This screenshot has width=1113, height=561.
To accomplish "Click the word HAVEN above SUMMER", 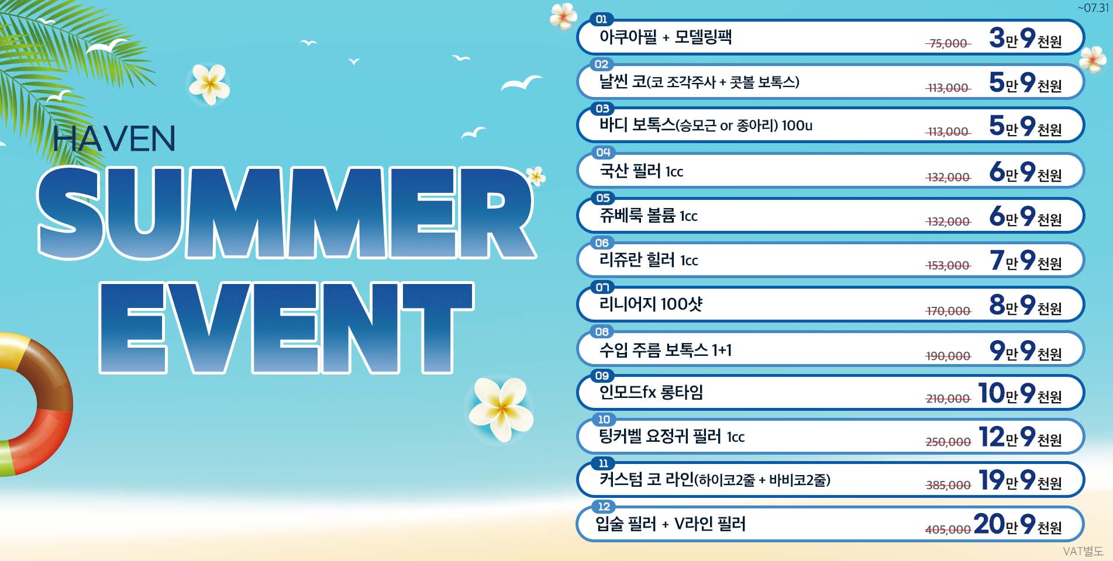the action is (x=114, y=138).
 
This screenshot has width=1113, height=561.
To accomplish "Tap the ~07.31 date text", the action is (x=1093, y=8).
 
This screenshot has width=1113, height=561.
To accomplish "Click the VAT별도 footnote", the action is (x=1083, y=551).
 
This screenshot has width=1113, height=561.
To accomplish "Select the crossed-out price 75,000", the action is (x=948, y=43).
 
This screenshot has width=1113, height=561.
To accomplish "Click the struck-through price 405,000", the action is (x=948, y=529).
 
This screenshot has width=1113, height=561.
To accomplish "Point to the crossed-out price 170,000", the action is (x=948, y=311).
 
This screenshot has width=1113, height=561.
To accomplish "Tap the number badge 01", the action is (x=601, y=19).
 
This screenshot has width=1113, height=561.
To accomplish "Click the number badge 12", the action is (x=604, y=506).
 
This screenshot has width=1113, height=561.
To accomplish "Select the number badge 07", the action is (x=602, y=287).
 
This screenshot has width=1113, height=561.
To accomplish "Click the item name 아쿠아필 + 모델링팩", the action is (x=666, y=37).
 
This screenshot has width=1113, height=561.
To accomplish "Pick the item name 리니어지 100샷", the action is (x=650, y=304).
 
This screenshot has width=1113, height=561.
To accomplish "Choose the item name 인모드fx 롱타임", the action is (x=651, y=392).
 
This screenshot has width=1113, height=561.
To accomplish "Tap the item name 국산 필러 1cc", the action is (x=641, y=171).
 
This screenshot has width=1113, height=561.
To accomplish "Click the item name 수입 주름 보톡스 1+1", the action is (x=666, y=349).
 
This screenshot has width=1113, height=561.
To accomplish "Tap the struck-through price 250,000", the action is (x=948, y=442).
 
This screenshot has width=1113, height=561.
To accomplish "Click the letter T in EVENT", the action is (x=437, y=327).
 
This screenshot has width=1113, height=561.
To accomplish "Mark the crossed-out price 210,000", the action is (x=948, y=399).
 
